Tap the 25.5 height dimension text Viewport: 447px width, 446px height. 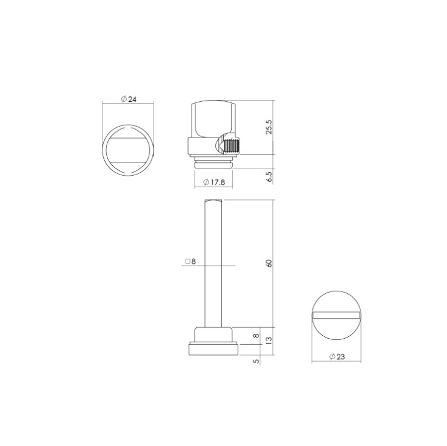point(269,127)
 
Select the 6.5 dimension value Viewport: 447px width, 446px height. point(269,176)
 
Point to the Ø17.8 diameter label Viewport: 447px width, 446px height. point(215,182)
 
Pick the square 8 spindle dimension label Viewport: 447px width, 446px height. point(190,262)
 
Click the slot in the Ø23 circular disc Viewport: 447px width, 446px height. point(337,315)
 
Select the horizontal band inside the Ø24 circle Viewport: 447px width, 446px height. point(128,150)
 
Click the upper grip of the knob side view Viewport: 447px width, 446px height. point(213,118)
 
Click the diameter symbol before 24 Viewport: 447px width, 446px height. point(123,99)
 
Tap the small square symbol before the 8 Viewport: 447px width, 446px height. point(186,262)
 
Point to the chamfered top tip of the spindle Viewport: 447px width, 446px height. point(215,202)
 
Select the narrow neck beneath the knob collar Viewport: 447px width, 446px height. point(214,162)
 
